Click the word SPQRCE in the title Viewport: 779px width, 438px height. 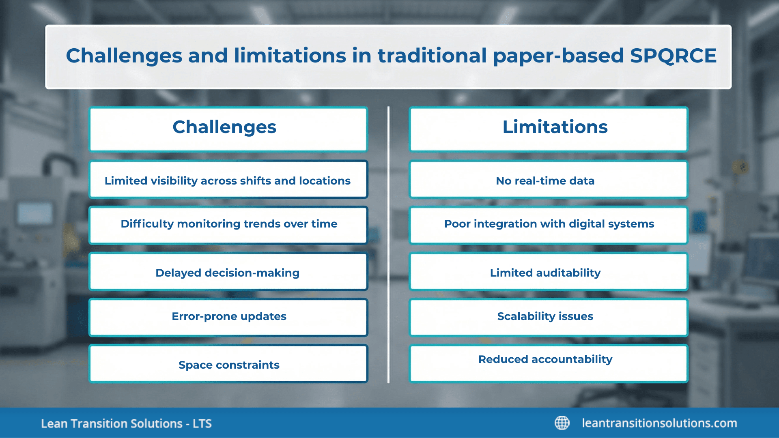(x=673, y=56)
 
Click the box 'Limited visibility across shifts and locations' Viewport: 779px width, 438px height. (x=228, y=180)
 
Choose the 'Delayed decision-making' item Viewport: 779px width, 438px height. (x=228, y=273)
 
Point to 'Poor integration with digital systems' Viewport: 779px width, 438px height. (x=549, y=224)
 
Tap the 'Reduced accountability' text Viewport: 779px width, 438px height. (x=545, y=359)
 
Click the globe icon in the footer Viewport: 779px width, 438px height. (x=562, y=423)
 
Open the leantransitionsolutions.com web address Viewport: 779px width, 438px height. (x=659, y=423)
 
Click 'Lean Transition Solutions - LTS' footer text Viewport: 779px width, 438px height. (x=126, y=424)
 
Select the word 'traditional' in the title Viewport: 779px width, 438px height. (x=432, y=56)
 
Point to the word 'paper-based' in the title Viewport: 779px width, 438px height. (x=558, y=56)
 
